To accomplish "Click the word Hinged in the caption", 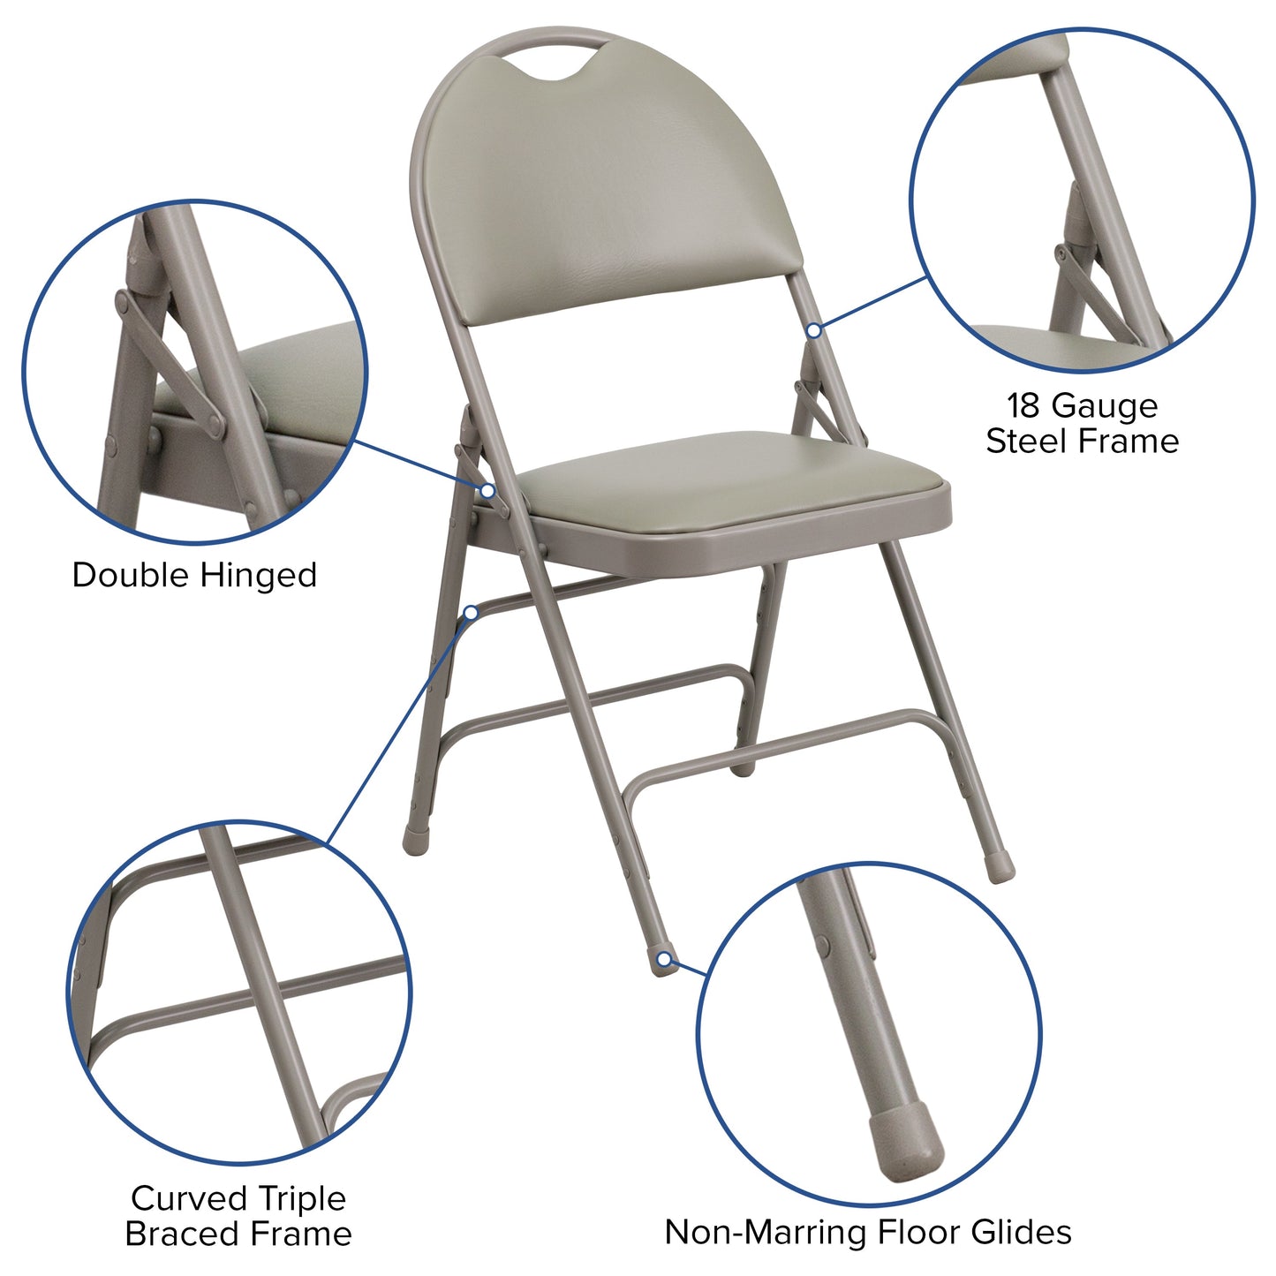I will (x=258, y=576).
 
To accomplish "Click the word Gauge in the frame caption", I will (x=1105, y=406).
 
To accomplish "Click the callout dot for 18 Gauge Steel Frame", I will (x=813, y=330).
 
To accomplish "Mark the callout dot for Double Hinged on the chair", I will (x=487, y=490).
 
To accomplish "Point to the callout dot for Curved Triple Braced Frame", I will (x=472, y=612).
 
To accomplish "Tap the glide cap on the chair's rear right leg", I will (x=1000, y=869).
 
